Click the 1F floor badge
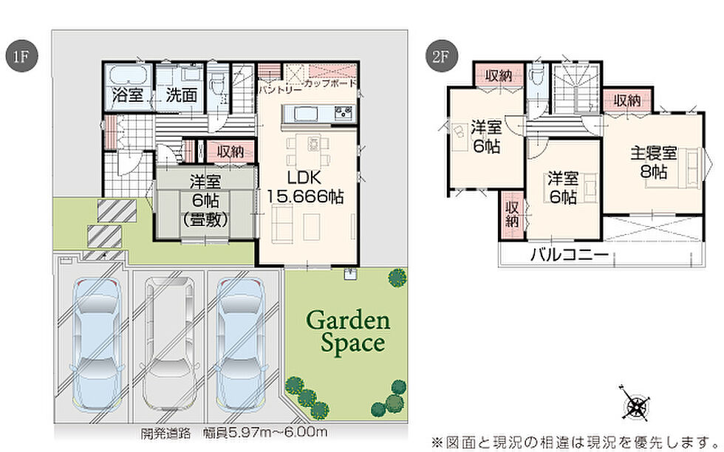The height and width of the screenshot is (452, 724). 21,56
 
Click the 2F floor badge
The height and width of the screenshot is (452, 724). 441,56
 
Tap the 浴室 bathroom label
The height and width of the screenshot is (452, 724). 128,95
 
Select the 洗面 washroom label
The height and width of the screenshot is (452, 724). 182,95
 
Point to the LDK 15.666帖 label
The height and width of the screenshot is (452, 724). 304,188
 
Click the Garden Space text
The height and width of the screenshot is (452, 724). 349,332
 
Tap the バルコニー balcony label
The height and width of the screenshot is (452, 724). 570,254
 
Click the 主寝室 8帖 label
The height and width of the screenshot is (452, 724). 653,162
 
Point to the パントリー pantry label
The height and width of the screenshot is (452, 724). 280,88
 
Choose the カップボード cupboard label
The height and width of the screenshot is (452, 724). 330,83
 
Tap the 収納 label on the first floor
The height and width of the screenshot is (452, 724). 230,151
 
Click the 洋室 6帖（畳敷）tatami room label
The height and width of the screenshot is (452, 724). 205,201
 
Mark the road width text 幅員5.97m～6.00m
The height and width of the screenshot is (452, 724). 264,433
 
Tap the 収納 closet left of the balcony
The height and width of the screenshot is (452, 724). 512,216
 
